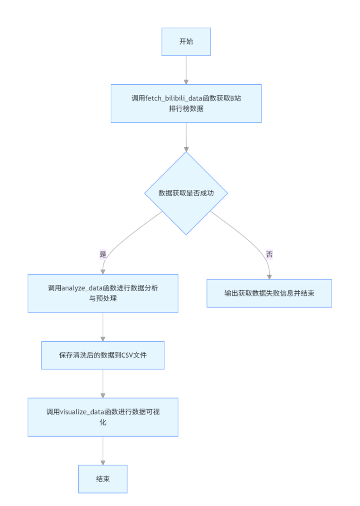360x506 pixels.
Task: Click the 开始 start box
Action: point(186,41)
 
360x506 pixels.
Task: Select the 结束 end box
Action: point(103,479)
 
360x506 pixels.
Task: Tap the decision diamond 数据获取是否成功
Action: point(186,193)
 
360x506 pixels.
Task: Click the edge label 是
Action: point(103,254)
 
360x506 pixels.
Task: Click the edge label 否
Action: point(269,254)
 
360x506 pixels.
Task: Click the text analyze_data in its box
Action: point(82,288)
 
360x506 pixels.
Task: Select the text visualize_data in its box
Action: point(82,412)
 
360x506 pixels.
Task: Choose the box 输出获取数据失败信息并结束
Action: point(269,293)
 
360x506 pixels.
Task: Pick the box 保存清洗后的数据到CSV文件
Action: point(103,355)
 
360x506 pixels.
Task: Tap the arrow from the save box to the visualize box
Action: point(103,383)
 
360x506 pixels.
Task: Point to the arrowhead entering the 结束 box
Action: point(103,462)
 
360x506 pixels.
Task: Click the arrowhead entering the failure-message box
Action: point(270,277)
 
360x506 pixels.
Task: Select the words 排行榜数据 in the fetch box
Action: point(186,109)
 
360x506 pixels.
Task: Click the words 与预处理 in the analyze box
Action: point(103,299)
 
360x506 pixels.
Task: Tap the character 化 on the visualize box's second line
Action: point(103,422)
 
